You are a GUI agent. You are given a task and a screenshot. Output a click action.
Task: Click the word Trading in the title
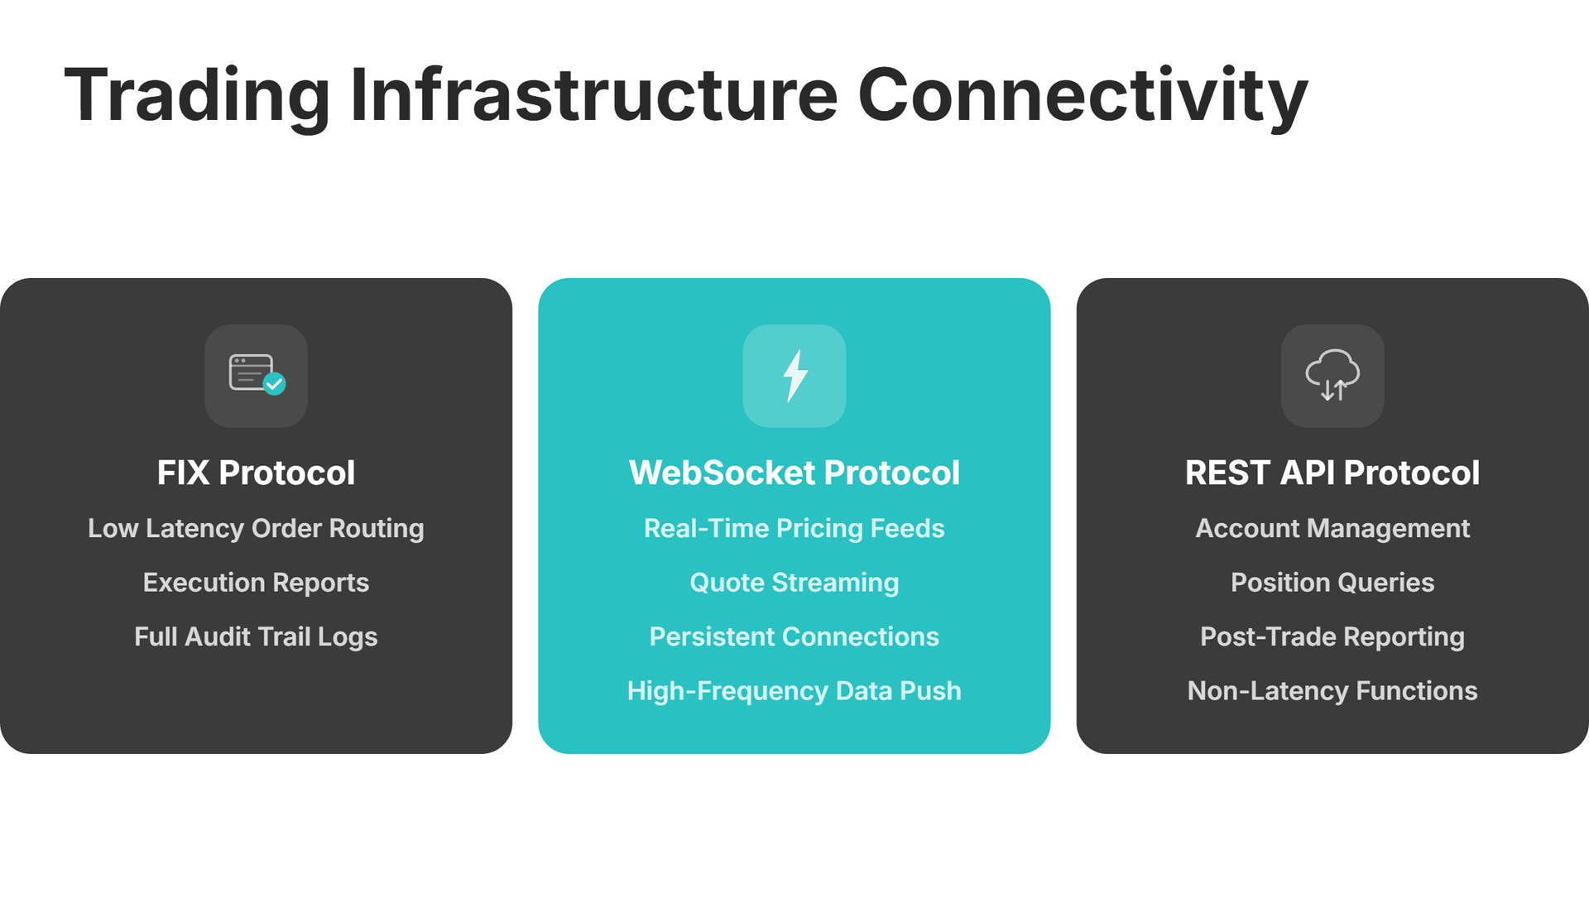[x=197, y=97]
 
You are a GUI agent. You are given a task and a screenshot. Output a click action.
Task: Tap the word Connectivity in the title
[x=1083, y=97]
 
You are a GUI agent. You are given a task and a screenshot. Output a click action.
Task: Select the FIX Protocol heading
[x=256, y=473]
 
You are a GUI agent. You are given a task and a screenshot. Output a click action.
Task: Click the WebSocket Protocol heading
[x=794, y=473]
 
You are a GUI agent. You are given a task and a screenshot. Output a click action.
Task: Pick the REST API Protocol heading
[x=1332, y=473]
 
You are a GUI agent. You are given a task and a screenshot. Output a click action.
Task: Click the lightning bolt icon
[x=794, y=376]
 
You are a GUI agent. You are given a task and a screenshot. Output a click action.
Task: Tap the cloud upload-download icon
[x=1332, y=376]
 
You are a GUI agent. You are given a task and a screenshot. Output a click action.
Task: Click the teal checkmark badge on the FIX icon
[x=274, y=384]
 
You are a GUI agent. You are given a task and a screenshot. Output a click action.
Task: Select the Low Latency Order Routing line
[x=256, y=529]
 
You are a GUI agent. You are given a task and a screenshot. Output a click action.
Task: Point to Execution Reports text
[x=256, y=583]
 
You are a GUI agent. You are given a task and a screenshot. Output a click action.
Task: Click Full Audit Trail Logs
[x=256, y=637]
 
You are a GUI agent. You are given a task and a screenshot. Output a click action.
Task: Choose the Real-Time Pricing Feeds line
[x=794, y=529]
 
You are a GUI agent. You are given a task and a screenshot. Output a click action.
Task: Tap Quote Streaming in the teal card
[x=794, y=583]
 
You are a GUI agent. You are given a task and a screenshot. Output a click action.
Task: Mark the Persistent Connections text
[x=794, y=637]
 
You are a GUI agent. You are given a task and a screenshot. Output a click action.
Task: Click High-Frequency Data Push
[x=794, y=691]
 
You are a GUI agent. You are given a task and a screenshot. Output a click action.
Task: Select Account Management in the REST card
[x=1332, y=529]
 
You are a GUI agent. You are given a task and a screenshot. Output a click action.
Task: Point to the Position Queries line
[x=1332, y=583]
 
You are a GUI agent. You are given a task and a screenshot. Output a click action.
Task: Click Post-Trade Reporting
[x=1332, y=637]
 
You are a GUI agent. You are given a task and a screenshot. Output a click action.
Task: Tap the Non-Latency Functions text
[x=1332, y=691]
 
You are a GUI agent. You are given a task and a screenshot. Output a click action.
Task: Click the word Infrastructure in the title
[x=594, y=97]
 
